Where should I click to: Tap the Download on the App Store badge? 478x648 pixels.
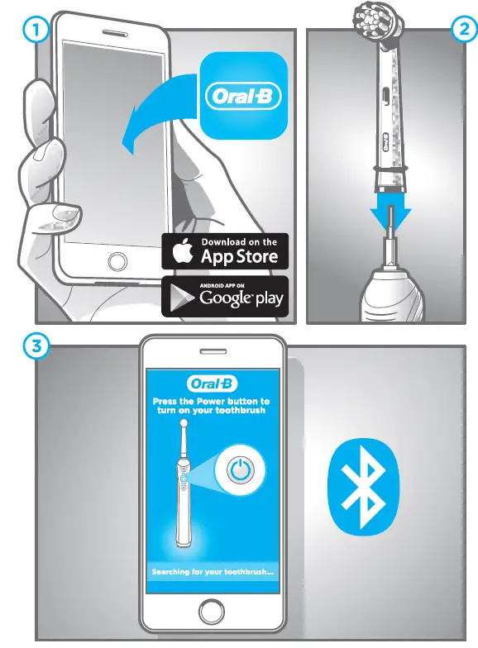tap(225, 250)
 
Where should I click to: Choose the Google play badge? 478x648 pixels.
tap(225, 297)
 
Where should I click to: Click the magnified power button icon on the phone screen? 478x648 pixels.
tap(239, 471)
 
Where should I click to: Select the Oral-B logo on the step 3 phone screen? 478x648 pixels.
tap(213, 384)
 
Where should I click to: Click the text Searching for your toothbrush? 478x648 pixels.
tap(213, 572)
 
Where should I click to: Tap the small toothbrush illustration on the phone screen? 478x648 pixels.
tap(182, 488)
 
